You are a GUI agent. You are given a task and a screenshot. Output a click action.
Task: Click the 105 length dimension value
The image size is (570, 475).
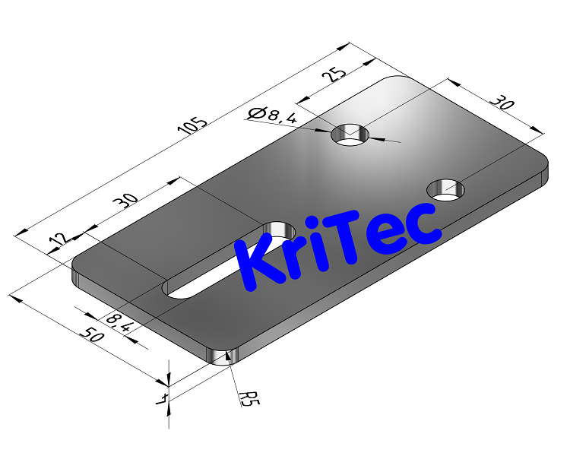pyautogui.click(x=192, y=125)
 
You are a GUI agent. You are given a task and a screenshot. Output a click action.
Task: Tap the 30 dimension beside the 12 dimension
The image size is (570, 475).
pyautogui.click(x=125, y=201)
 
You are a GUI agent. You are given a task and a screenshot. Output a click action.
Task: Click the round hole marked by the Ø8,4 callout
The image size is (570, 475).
pyautogui.click(x=350, y=135)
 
